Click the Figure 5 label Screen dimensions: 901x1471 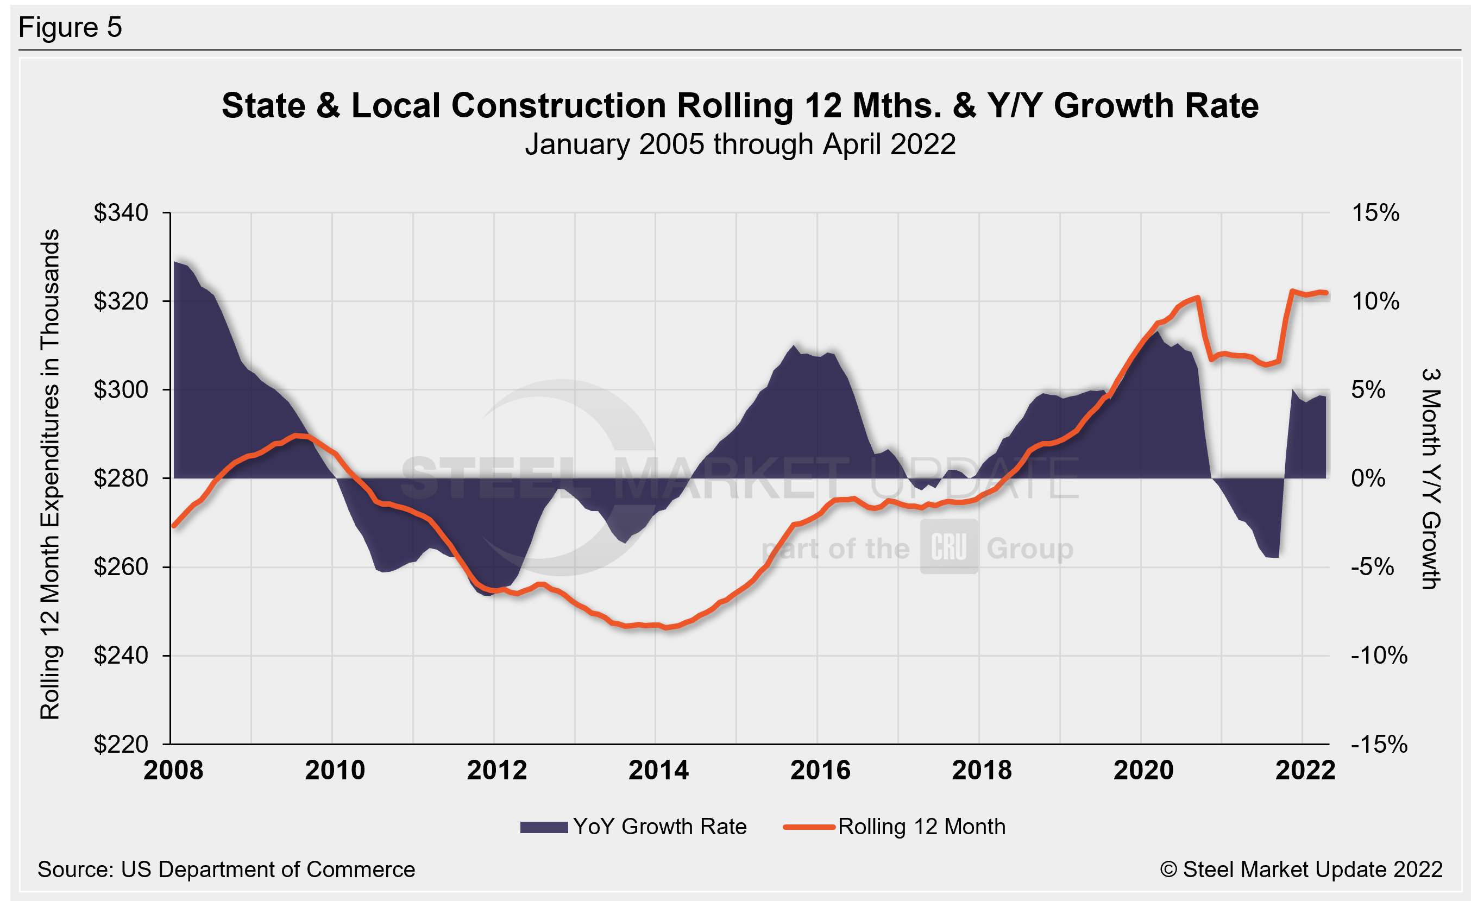(70, 28)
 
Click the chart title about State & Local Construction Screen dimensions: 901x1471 (740, 106)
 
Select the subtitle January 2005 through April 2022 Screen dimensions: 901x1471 (740, 145)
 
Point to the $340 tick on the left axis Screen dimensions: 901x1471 (121, 213)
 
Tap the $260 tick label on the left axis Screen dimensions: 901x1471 (121, 567)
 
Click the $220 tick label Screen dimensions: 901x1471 (121, 744)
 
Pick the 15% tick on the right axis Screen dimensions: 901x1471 (1375, 213)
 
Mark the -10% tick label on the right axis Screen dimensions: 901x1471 (1379, 656)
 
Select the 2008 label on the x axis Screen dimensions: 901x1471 (173, 770)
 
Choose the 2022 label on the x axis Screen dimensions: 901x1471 (1304, 770)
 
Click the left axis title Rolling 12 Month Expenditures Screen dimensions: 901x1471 (50, 474)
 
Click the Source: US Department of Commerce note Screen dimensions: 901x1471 (227, 870)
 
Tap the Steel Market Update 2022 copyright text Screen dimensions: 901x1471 (1301, 870)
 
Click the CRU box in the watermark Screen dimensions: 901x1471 (948, 547)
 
